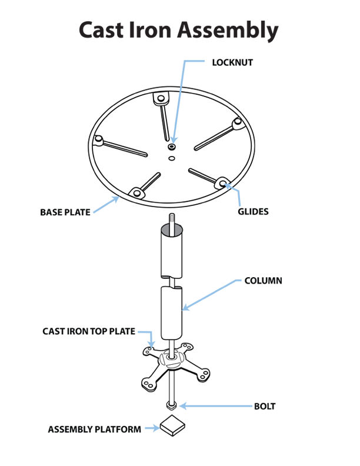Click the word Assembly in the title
pos(228,31)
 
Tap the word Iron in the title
pos(151,30)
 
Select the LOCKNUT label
pos(232,62)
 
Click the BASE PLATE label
pos(65,212)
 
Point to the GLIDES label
pos(253,212)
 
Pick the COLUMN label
pos(263,281)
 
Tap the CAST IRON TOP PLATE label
pos(89,331)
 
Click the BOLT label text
pos(265,406)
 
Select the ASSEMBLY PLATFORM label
pos(95,430)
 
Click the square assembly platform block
pos(172,425)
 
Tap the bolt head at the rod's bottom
pos(171,405)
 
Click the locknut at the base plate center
pos(172,147)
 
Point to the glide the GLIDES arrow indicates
pos(222,183)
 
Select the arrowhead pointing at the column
pos(185,307)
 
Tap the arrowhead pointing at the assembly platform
pos(156,428)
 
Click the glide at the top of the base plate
pos(161,98)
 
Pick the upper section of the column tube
pos(172,251)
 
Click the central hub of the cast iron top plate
pos(171,359)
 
